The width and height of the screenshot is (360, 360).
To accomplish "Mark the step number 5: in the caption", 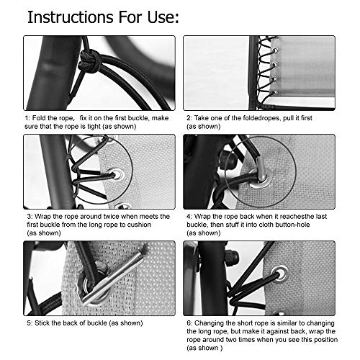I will [x=29, y=322].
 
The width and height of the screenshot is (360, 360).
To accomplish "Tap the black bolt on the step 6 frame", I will [x=231, y=257].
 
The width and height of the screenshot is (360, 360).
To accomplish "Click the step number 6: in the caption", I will [x=189, y=322].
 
